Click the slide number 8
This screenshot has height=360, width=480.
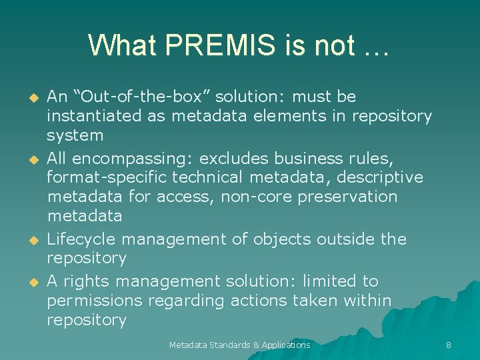click(449, 345)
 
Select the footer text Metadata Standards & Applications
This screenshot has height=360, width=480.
click(239, 345)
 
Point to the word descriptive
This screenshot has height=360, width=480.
click(383, 177)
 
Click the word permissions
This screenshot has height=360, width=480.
click(94, 301)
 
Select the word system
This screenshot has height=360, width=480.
click(75, 135)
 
